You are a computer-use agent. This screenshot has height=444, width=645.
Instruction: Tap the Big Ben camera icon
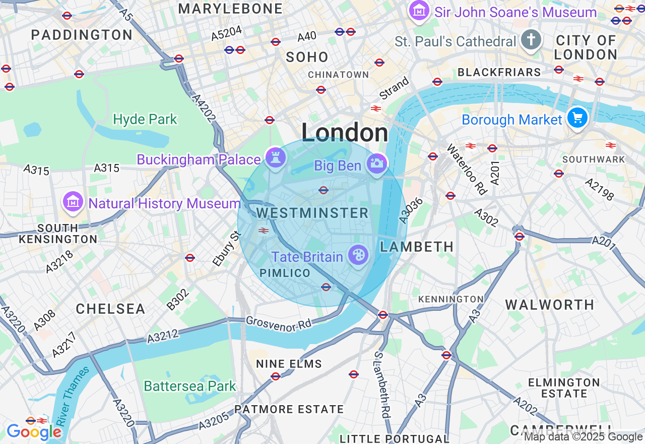(x=377, y=163)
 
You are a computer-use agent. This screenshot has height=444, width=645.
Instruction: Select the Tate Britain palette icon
(x=358, y=255)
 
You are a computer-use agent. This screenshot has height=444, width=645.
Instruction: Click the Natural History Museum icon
(x=73, y=202)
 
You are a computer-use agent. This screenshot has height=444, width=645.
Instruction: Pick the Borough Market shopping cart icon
(x=577, y=118)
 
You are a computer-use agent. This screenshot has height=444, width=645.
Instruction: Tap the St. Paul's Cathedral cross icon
(x=531, y=40)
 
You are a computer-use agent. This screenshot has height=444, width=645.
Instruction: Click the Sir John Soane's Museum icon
(x=419, y=11)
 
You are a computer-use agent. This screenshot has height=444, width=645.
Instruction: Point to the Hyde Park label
(x=145, y=120)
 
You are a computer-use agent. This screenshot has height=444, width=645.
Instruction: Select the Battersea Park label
(x=190, y=386)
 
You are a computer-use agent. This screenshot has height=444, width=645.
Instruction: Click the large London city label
(x=345, y=133)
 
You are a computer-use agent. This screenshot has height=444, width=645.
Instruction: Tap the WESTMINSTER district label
(x=312, y=213)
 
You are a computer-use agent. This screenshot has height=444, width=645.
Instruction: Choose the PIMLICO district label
(x=285, y=273)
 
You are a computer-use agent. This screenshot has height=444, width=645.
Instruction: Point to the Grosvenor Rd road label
(x=279, y=323)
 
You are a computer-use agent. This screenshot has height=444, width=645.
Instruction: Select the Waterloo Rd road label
(x=467, y=170)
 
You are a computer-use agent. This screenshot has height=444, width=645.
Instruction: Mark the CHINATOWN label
(x=338, y=75)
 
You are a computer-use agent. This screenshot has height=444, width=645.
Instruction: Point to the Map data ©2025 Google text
(x=583, y=437)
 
